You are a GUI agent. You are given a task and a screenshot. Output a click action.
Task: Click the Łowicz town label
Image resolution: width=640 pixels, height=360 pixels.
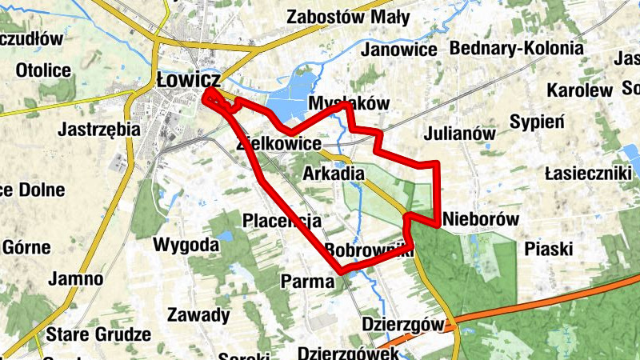point(189,81)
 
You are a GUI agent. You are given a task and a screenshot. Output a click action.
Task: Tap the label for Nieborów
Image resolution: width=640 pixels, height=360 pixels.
point(481,218)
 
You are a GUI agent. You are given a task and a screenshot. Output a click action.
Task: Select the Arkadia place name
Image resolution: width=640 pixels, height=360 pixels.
point(334,174)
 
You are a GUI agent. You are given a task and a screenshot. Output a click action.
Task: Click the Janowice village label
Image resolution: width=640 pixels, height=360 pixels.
point(399,50)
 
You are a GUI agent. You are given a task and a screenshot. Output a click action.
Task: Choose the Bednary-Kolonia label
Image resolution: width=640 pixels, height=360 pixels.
point(517,48)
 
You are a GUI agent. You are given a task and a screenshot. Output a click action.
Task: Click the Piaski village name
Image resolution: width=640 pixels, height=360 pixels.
point(549,249)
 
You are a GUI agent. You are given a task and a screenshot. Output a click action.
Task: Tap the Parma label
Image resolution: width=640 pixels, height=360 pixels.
point(308,281)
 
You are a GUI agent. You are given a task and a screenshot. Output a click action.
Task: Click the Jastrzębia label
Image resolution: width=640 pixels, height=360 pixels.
point(100,128)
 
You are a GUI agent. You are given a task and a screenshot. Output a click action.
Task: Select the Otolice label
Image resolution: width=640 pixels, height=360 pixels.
point(43,70)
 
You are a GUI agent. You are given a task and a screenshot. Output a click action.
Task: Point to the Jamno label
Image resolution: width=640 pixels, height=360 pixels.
point(76,279)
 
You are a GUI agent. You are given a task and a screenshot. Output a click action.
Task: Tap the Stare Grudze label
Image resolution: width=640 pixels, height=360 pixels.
point(98,334)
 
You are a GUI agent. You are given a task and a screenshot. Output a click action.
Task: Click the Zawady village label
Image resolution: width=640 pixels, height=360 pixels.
point(198,314)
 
